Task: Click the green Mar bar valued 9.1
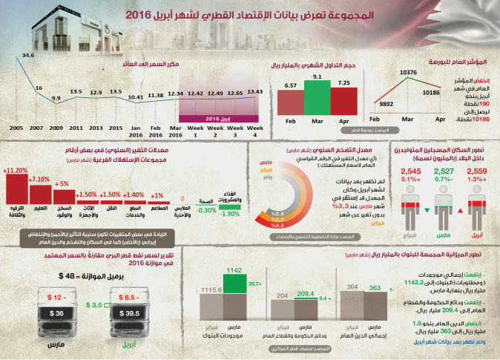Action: click(317, 96)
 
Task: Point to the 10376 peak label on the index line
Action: click(409, 73)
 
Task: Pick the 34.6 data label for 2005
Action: click(28, 55)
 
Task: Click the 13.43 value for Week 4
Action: click(254, 92)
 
